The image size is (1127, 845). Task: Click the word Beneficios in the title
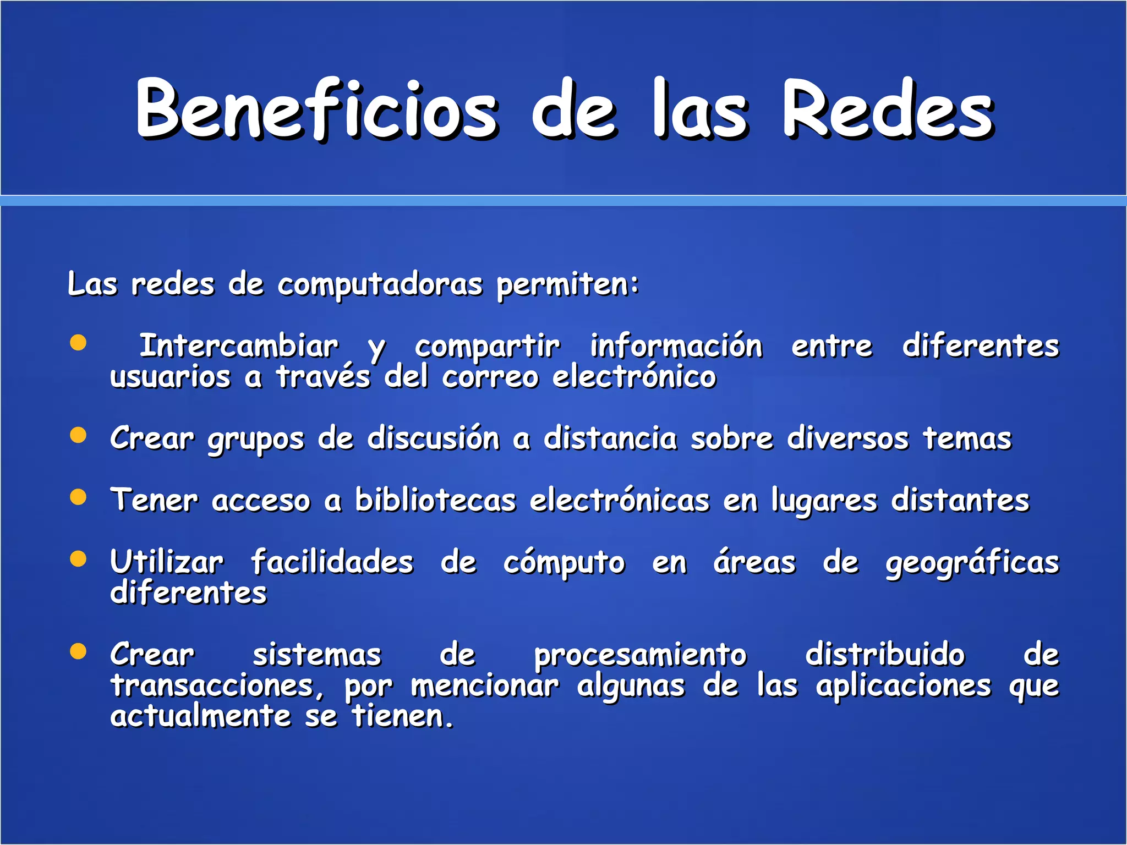tap(317, 109)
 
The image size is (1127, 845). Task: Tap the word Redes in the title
tap(888, 109)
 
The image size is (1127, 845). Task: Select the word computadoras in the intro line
tap(380, 286)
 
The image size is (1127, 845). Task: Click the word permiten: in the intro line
tap(567, 286)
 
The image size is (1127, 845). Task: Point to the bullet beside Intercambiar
tap(79, 343)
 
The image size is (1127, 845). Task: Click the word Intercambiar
tap(239, 347)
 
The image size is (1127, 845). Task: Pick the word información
tap(676, 347)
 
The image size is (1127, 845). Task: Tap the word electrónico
tap(634, 377)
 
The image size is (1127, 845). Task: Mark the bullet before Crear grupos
tap(79, 435)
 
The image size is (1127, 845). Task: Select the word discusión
tap(434, 439)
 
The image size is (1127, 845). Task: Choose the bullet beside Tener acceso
tap(79, 497)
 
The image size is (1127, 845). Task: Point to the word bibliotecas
tap(435, 501)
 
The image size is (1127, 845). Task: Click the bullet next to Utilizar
tap(79, 559)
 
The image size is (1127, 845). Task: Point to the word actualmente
tap(200, 717)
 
